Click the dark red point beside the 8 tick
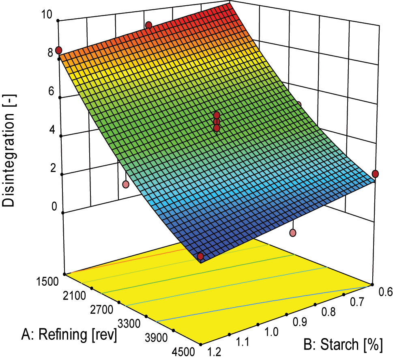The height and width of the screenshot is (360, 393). point(58,50)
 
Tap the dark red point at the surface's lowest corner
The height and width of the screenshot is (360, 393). point(200,257)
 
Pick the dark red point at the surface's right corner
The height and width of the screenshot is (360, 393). point(375,174)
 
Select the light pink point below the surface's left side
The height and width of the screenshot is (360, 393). point(126,184)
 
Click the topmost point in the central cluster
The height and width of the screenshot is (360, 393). point(217,115)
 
